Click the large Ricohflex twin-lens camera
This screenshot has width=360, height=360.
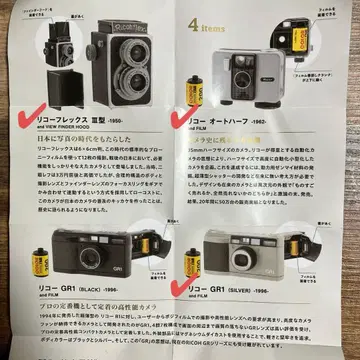[x=127, y=65]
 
